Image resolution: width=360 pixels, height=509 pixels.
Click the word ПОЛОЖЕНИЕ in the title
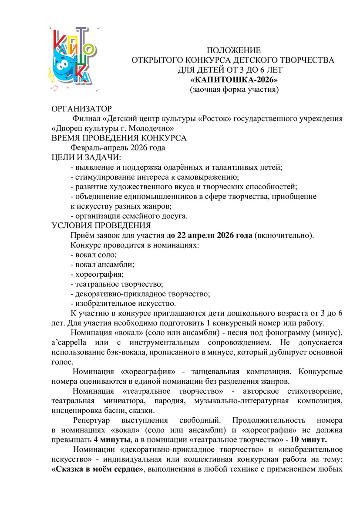pos(233,50)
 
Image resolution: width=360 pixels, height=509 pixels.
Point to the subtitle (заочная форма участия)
pos(234,90)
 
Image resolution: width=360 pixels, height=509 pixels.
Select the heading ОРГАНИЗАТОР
pos(82,108)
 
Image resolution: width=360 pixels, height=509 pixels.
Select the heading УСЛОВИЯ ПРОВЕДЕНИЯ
pos(101,226)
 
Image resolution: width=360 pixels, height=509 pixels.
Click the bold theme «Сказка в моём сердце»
pos(98,469)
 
